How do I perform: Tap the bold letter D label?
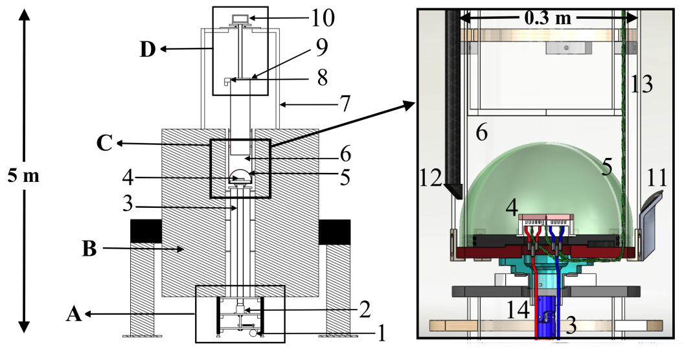[148, 49]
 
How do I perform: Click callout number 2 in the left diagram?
[363, 309]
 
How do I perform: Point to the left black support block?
[146, 232]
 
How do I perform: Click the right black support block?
[334, 232]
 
